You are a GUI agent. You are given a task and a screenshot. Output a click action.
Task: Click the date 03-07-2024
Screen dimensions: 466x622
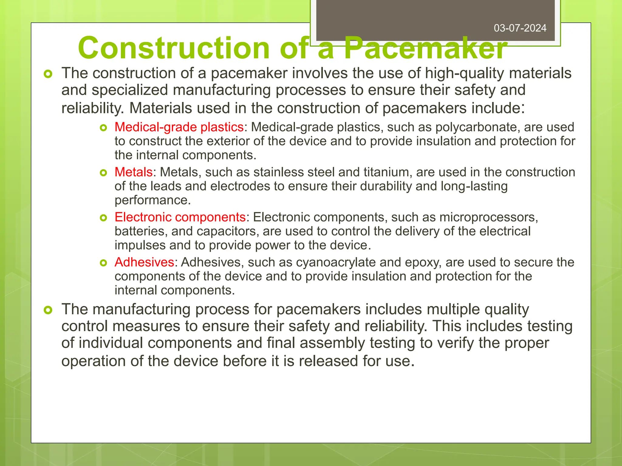(x=520, y=28)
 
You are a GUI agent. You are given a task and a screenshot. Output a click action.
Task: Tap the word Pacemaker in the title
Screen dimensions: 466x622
(x=425, y=48)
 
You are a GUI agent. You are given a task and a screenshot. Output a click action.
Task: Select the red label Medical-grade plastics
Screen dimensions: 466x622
(x=179, y=127)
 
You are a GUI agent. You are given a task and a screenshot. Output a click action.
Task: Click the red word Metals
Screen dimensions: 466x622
(x=133, y=172)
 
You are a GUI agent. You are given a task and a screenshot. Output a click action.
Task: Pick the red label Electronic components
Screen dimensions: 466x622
(x=180, y=217)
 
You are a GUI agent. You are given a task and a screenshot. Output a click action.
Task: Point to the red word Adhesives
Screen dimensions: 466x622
(x=144, y=262)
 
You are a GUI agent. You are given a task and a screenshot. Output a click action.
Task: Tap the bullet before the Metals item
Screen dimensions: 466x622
(x=104, y=173)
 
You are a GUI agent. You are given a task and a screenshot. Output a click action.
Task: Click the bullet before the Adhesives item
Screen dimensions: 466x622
(x=104, y=263)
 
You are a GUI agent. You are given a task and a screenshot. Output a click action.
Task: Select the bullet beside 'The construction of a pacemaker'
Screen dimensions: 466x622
(x=48, y=74)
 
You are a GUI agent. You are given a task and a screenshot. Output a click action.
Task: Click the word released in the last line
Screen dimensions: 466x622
(x=328, y=361)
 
